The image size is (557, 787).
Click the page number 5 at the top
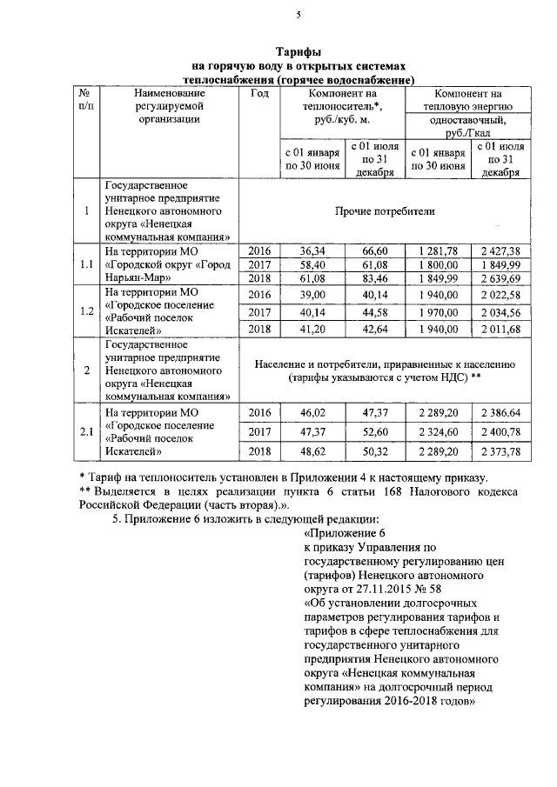click(x=298, y=15)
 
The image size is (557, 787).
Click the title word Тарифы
click(x=299, y=53)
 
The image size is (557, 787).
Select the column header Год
click(x=258, y=93)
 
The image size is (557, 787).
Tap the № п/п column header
click(x=85, y=99)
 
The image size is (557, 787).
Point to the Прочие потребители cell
click(x=385, y=211)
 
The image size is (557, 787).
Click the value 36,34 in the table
click(x=312, y=250)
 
